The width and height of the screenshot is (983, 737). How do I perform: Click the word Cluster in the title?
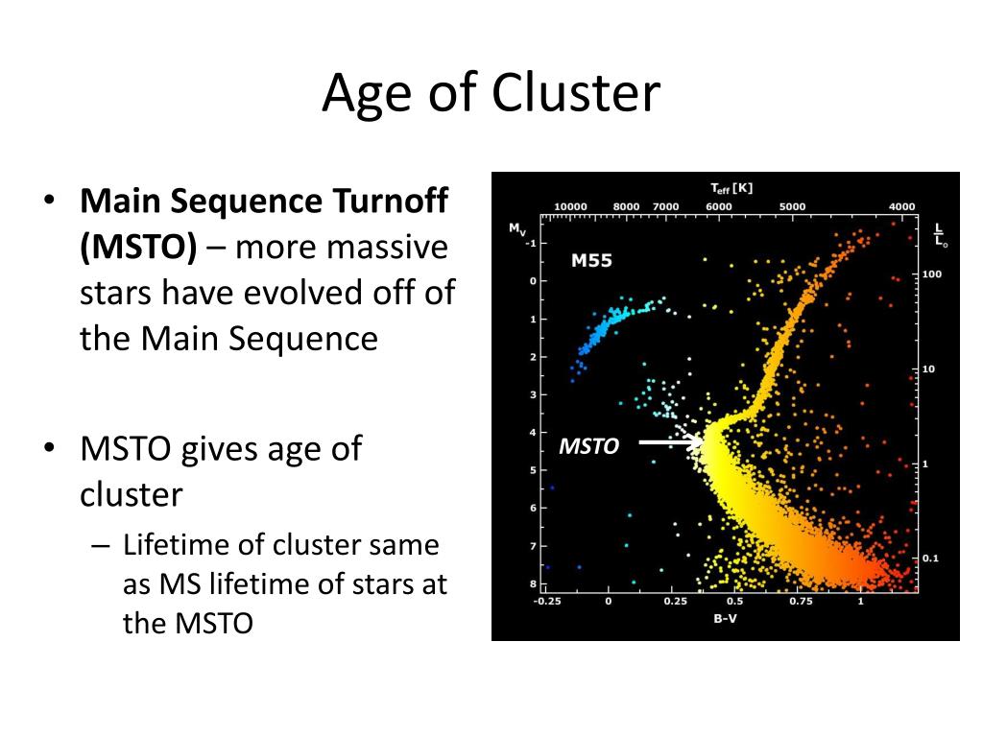[x=576, y=93]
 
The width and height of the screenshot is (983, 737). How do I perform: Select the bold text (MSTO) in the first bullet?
[x=138, y=247]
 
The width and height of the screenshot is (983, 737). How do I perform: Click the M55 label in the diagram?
[x=591, y=260]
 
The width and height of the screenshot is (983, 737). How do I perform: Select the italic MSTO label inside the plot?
[x=588, y=445]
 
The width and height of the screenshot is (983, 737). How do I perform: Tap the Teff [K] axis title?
[x=731, y=188]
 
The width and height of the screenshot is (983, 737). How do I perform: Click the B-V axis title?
[x=725, y=619]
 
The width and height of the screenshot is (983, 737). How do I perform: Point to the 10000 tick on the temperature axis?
[x=570, y=207]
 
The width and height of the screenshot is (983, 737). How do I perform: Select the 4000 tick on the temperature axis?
[x=901, y=207]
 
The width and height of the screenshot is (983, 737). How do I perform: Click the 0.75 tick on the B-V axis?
[x=801, y=601]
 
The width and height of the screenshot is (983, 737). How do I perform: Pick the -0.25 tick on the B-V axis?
[x=546, y=601]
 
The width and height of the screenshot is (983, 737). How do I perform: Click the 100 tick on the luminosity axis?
[x=931, y=273]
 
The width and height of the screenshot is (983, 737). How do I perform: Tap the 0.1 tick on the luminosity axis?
[x=930, y=558]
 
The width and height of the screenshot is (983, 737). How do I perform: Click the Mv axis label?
[x=516, y=229]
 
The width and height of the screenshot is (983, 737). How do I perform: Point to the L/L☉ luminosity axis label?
[x=941, y=235]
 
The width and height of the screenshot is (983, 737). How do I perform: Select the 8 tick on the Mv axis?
[x=534, y=584]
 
